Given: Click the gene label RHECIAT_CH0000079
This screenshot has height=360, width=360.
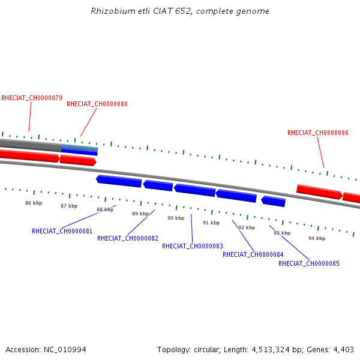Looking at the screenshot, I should (x=32, y=98).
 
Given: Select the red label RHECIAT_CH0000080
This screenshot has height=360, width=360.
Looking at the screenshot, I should (x=97, y=104).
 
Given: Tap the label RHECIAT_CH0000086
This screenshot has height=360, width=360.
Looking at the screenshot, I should (x=318, y=133).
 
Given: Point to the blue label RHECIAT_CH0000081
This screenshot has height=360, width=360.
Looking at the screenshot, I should (x=62, y=231).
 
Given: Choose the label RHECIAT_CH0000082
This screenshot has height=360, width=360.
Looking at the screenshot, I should (x=128, y=238).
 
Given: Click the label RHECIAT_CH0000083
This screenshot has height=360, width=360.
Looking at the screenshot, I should (x=193, y=246).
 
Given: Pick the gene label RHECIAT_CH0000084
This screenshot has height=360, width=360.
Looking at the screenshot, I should (x=253, y=254).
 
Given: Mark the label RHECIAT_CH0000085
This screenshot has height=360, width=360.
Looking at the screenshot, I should (x=309, y=263).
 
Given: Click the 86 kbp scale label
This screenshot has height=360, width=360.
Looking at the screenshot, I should (x=34, y=203).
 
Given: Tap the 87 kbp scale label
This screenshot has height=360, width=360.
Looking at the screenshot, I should (x=69, y=206).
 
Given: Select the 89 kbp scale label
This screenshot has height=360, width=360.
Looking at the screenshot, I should (x=140, y=214).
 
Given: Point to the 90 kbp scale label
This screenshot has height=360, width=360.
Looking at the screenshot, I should (x=176, y=218).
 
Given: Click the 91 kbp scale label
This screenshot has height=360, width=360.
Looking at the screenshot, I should (x=211, y=223).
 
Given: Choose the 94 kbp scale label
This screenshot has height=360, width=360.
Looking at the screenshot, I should (x=317, y=238).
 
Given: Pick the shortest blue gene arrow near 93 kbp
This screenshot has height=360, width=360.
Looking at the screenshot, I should (x=273, y=201).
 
